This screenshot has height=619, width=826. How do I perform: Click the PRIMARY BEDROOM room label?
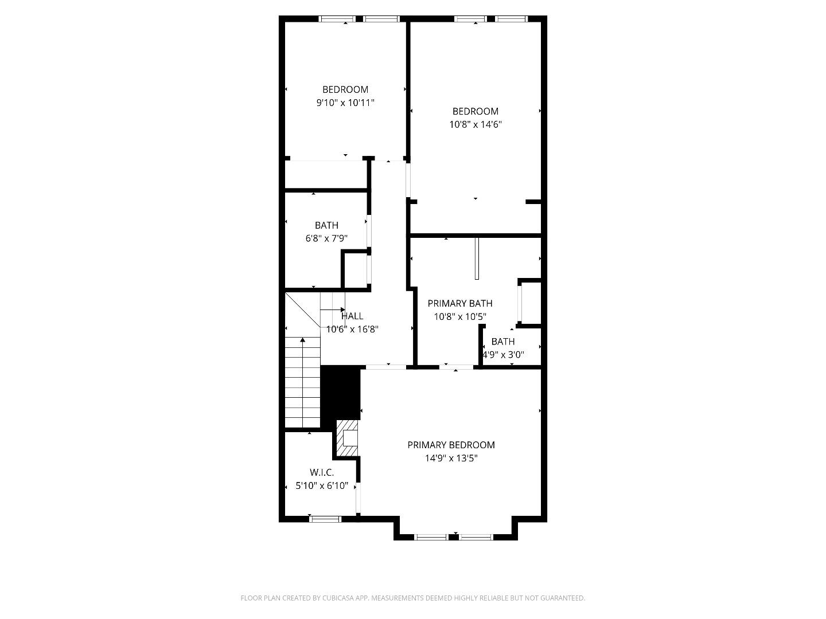(x=451, y=445)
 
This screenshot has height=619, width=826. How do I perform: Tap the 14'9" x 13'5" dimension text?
(x=451, y=459)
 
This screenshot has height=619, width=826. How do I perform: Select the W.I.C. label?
(x=322, y=472)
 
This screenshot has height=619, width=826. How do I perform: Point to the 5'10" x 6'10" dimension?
(x=322, y=486)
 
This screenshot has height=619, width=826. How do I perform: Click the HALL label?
(x=352, y=316)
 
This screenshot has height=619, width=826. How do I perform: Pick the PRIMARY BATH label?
(x=459, y=303)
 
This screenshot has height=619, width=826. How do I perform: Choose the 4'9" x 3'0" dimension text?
(x=503, y=355)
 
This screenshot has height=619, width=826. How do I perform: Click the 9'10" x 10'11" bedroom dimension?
(x=345, y=103)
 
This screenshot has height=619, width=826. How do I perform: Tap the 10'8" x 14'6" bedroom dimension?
(x=476, y=124)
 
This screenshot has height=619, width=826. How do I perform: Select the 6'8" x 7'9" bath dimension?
(x=326, y=238)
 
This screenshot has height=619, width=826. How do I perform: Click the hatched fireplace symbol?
(x=346, y=439)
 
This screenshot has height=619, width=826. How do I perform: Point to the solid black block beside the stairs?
(x=340, y=393)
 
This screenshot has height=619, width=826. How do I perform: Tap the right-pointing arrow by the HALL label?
(x=342, y=310)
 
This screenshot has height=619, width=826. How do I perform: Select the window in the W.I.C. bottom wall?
(x=325, y=519)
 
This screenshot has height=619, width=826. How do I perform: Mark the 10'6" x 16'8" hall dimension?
(x=352, y=330)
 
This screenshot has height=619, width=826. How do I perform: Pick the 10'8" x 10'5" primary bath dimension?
(x=459, y=316)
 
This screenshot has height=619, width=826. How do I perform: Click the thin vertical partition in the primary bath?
(x=477, y=258)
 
